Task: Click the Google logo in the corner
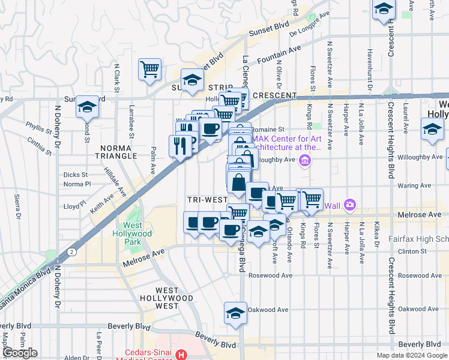pyautogui.click(x=20, y=353)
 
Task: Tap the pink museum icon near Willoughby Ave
pyautogui.click(x=305, y=160)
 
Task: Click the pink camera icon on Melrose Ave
pyautogui.click(x=350, y=206)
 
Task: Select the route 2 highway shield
pyautogui.click(x=71, y=251)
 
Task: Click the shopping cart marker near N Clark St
pyautogui.click(x=149, y=69)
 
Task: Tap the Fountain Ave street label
pyautogui.click(x=279, y=58)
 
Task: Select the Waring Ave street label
pyautogui.click(x=415, y=186)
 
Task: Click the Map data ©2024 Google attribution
pyautogui.click(x=412, y=355)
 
